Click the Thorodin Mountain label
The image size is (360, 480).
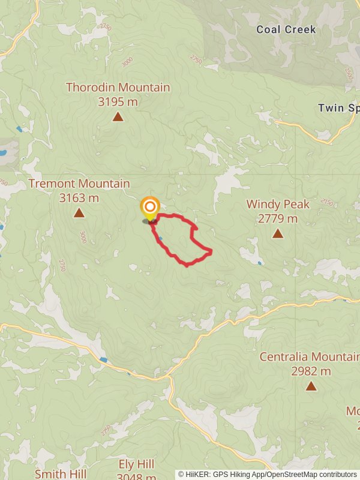tap(118, 88)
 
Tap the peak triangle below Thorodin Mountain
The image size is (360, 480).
tap(118, 116)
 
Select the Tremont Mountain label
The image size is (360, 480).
tap(79, 184)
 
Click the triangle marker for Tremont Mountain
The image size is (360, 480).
tap(79, 212)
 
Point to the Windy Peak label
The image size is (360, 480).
tap(278, 204)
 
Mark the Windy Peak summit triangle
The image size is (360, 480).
tap(278, 233)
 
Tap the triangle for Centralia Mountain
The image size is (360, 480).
tap(311, 386)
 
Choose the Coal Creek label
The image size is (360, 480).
tap(286, 29)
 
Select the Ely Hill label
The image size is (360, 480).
tap(136, 464)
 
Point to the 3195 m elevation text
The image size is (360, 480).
tap(118, 102)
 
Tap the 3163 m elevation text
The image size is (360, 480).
tap(79, 198)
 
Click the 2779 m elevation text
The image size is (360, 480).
tap(278, 218)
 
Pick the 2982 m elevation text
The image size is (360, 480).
tap(311, 371)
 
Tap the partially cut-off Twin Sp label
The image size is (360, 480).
tap(339, 108)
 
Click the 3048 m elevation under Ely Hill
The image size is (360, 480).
tap(136, 477)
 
